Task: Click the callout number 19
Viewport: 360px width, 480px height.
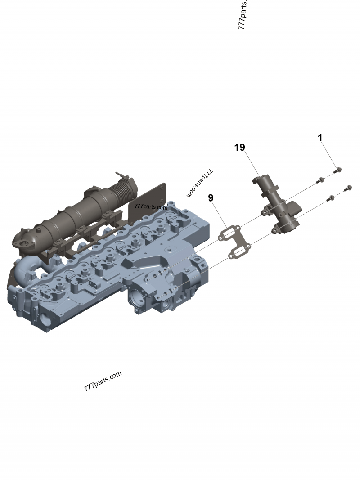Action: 239,148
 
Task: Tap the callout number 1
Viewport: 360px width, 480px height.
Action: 320,138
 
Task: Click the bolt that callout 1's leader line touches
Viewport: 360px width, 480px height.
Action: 339,170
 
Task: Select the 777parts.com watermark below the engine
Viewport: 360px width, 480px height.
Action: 103,381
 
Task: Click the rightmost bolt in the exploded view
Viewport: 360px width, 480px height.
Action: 348,188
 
